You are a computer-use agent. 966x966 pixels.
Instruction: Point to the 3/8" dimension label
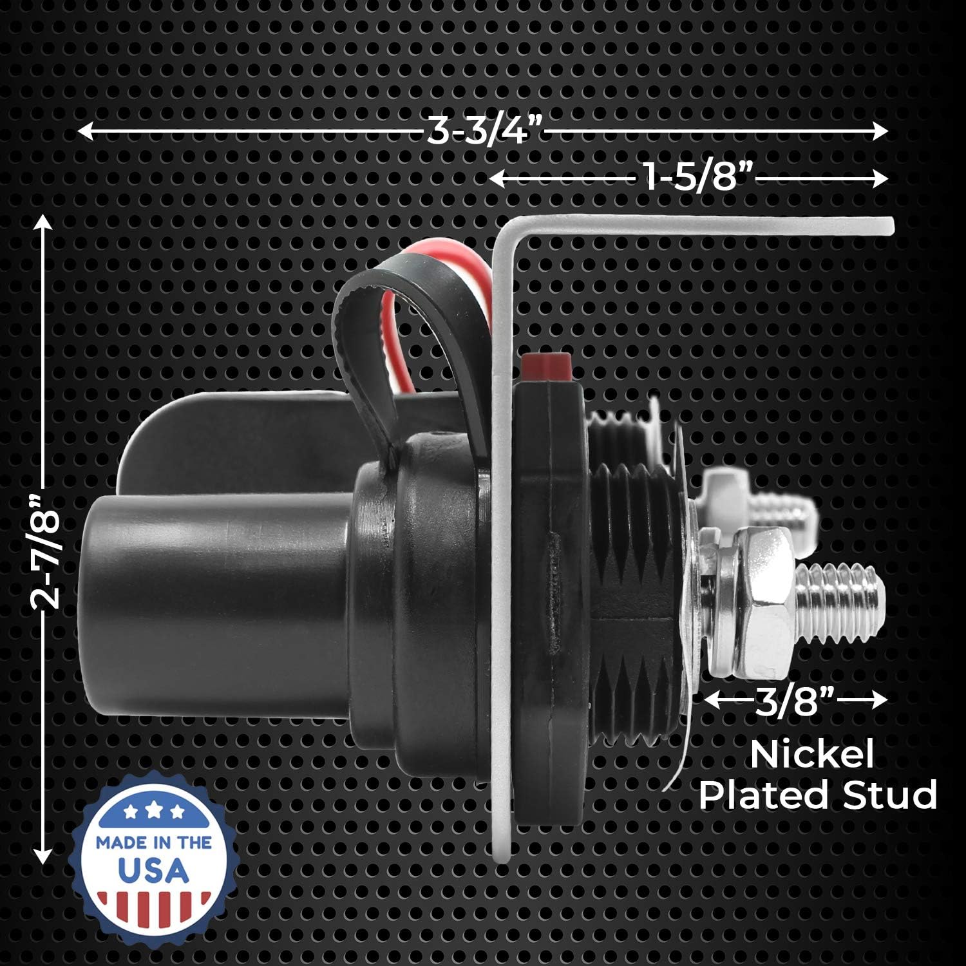tap(795, 700)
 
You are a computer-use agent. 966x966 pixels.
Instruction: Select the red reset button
tap(547, 367)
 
